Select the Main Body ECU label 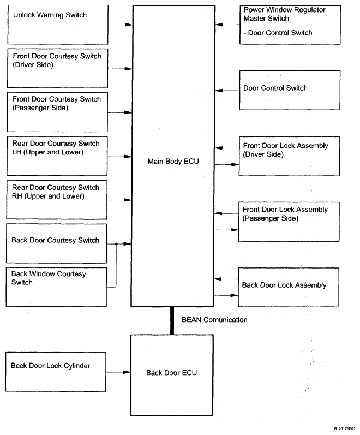click(x=173, y=161)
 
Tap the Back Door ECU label click(x=171, y=373)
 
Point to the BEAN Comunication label click(x=214, y=320)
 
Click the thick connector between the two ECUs click(x=172, y=321)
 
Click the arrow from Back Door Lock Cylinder click(x=118, y=372)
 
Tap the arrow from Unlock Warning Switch click(x=121, y=25)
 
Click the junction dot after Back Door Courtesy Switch click(x=116, y=244)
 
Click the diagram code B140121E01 click(x=345, y=428)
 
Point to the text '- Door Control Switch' click(x=278, y=33)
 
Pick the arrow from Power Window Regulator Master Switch click(x=227, y=25)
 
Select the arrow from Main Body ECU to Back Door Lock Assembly click(x=226, y=295)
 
